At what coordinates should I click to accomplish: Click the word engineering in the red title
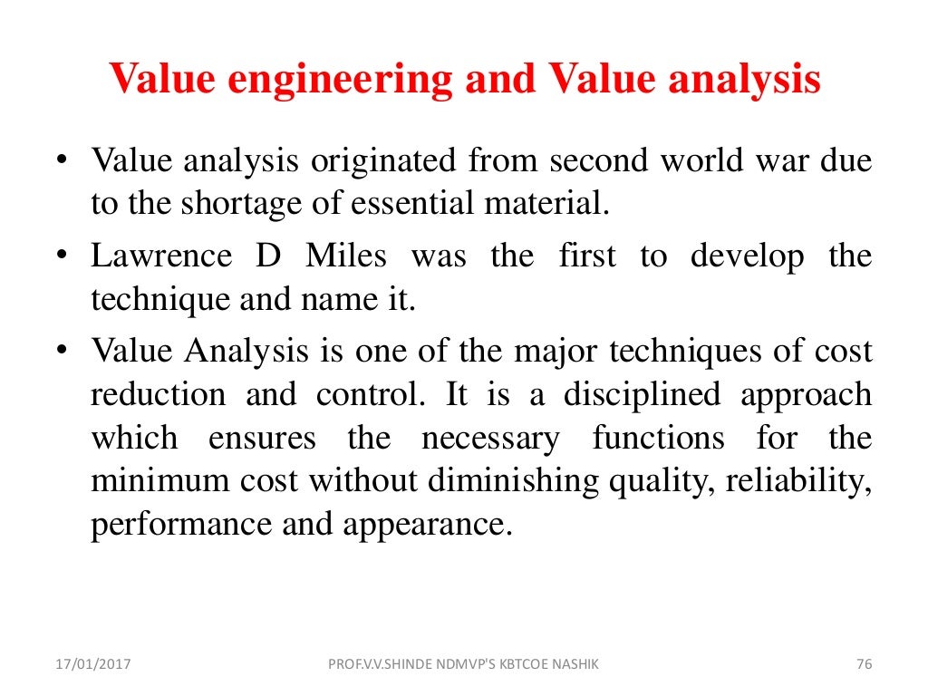[342, 80]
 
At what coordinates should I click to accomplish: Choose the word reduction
[159, 395]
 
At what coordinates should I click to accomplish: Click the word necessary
[490, 439]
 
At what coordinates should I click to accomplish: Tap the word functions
[659, 439]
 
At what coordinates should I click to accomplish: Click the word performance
[180, 526]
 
